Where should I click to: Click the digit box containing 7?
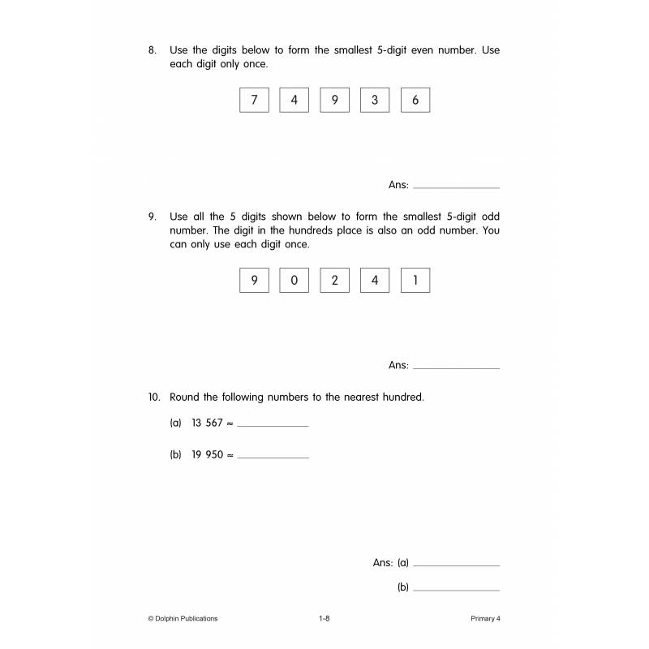[254, 100]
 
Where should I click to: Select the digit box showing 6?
[415, 100]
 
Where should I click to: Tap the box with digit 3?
[375, 100]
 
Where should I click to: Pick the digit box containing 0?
[294, 281]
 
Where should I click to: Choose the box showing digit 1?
[415, 281]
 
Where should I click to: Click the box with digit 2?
[334, 281]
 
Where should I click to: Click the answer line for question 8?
[456, 186]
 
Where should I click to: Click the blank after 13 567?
[273, 423]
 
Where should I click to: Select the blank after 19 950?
[273, 456]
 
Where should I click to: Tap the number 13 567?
[207, 423]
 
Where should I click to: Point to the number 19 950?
[207, 455]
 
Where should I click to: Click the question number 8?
[152, 50]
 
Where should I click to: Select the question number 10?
[154, 398]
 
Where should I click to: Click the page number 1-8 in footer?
[324, 618]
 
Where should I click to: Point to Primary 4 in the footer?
[485, 618]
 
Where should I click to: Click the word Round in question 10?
[184, 398]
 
